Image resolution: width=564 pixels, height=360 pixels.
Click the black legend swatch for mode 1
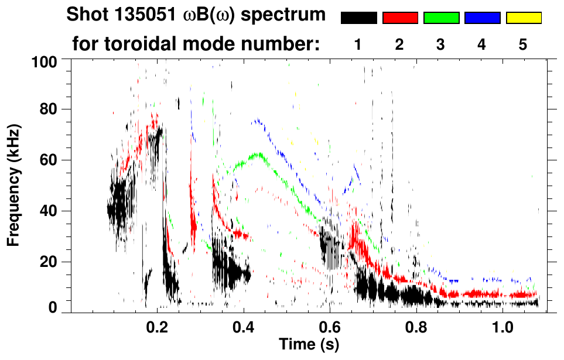(358, 18)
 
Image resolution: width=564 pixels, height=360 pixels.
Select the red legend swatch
(400, 18)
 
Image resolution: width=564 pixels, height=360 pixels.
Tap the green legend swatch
(441, 18)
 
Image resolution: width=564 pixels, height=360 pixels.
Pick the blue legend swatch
(482, 18)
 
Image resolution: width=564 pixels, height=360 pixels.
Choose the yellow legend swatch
(523, 18)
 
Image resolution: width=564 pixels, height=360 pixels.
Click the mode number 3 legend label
(441, 44)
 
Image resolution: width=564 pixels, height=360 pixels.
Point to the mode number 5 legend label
(523, 44)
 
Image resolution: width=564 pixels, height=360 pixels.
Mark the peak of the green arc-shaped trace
(257, 155)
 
